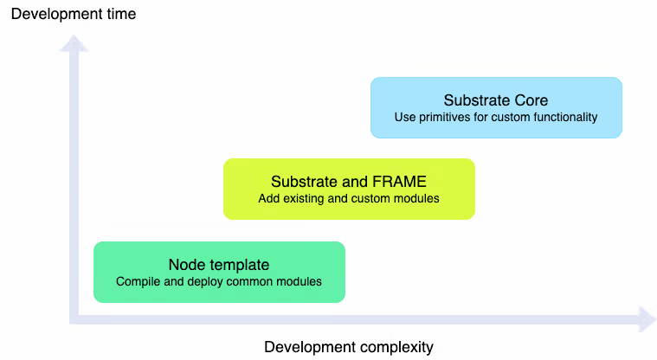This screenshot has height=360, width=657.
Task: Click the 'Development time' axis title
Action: (74, 14)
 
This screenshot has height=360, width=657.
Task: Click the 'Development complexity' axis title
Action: (348, 347)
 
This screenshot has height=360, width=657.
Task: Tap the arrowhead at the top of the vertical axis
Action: (77, 43)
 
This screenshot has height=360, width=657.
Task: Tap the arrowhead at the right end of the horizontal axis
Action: (645, 318)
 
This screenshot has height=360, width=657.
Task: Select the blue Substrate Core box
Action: (496, 107)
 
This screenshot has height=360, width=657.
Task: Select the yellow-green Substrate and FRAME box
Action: (349, 189)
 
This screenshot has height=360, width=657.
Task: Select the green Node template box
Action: (219, 272)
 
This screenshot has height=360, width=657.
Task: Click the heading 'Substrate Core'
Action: (496, 100)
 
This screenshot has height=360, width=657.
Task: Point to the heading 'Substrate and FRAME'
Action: (349, 182)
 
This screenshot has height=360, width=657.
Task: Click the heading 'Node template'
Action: (219, 265)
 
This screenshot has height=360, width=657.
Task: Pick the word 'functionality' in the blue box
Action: (564, 117)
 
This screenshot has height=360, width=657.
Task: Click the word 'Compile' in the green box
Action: (137, 281)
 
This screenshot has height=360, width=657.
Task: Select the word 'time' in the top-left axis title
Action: (121, 14)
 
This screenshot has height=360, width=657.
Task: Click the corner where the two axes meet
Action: (77, 318)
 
